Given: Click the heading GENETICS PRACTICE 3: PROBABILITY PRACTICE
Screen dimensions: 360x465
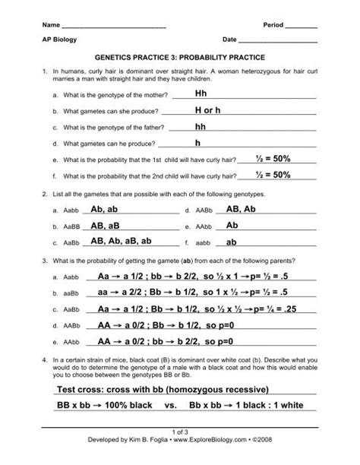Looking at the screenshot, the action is (180, 57).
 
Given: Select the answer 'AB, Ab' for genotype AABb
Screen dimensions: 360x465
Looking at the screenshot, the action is (243, 210).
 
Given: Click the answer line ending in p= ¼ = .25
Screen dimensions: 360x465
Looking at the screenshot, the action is (194, 309).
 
